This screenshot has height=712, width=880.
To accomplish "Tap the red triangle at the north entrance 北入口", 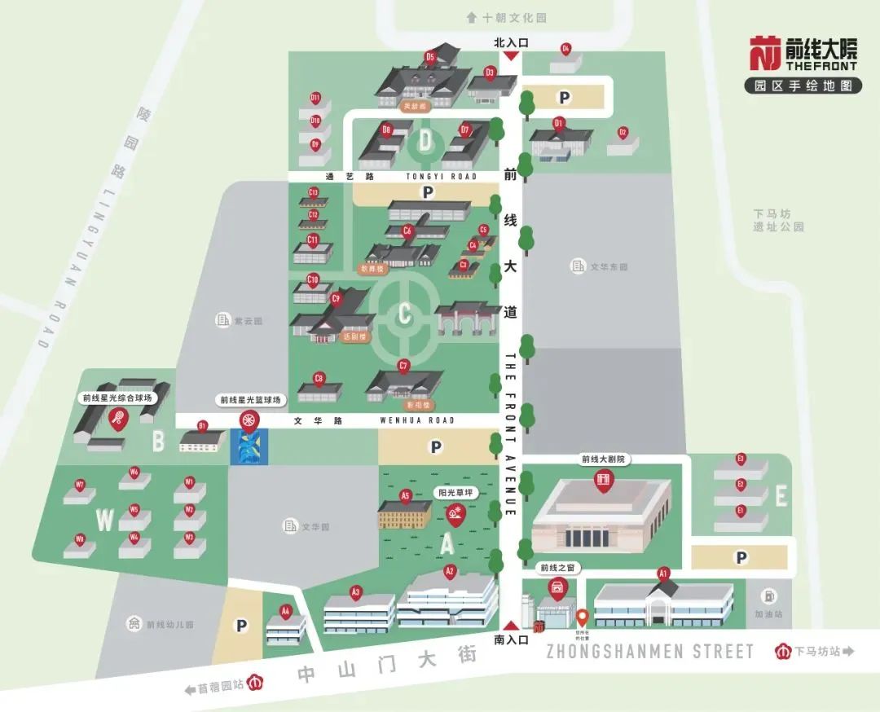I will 511,55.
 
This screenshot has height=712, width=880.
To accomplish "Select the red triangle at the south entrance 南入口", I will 511,625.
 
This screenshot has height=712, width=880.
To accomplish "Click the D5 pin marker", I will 430,58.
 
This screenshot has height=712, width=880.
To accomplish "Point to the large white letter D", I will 425,141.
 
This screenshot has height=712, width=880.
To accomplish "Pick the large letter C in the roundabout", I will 404,314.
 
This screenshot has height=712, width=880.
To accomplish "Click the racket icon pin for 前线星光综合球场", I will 117,419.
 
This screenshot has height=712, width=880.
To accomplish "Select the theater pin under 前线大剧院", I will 603,481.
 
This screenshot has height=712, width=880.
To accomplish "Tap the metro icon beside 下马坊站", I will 783,651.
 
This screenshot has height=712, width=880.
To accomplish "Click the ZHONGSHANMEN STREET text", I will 649,651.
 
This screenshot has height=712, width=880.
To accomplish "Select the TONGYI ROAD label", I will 440,176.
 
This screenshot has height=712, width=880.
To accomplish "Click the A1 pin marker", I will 663,574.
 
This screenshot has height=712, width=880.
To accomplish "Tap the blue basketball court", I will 248,447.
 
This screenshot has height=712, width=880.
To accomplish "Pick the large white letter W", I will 105,518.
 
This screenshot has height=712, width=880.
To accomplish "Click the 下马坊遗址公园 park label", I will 778,220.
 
